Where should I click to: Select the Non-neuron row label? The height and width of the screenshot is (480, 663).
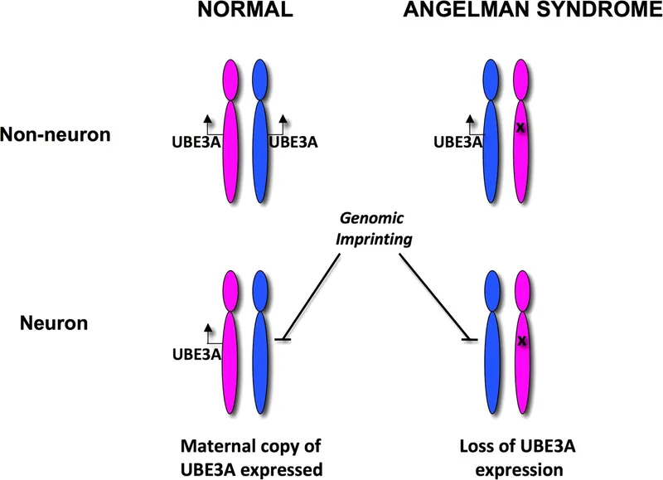point(56,134)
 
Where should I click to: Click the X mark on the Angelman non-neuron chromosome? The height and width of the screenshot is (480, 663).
point(521,128)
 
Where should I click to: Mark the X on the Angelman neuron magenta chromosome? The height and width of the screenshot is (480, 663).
point(522,341)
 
